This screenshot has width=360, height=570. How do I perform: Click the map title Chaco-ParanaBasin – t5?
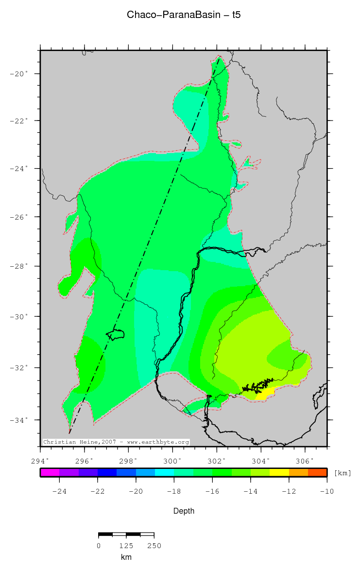(184, 15)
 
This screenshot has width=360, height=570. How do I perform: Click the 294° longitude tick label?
(40, 460)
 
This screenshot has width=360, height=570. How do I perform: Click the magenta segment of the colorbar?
(50, 472)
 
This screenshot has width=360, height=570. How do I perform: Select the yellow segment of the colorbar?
(279, 472)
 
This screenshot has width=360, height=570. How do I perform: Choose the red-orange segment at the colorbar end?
(318, 472)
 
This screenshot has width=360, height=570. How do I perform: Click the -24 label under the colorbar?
(59, 491)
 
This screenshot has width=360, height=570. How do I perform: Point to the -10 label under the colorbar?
(327, 491)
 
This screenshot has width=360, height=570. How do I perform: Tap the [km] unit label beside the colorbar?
(343, 473)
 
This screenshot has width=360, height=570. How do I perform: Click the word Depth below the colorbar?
(184, 511)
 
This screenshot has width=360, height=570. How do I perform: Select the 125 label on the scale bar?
(126, 546)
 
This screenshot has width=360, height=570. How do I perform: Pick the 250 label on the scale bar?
(154, 546)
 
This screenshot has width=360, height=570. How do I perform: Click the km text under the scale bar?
(126, 557)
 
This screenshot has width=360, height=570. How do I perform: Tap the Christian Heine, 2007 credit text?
(116, 442)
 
